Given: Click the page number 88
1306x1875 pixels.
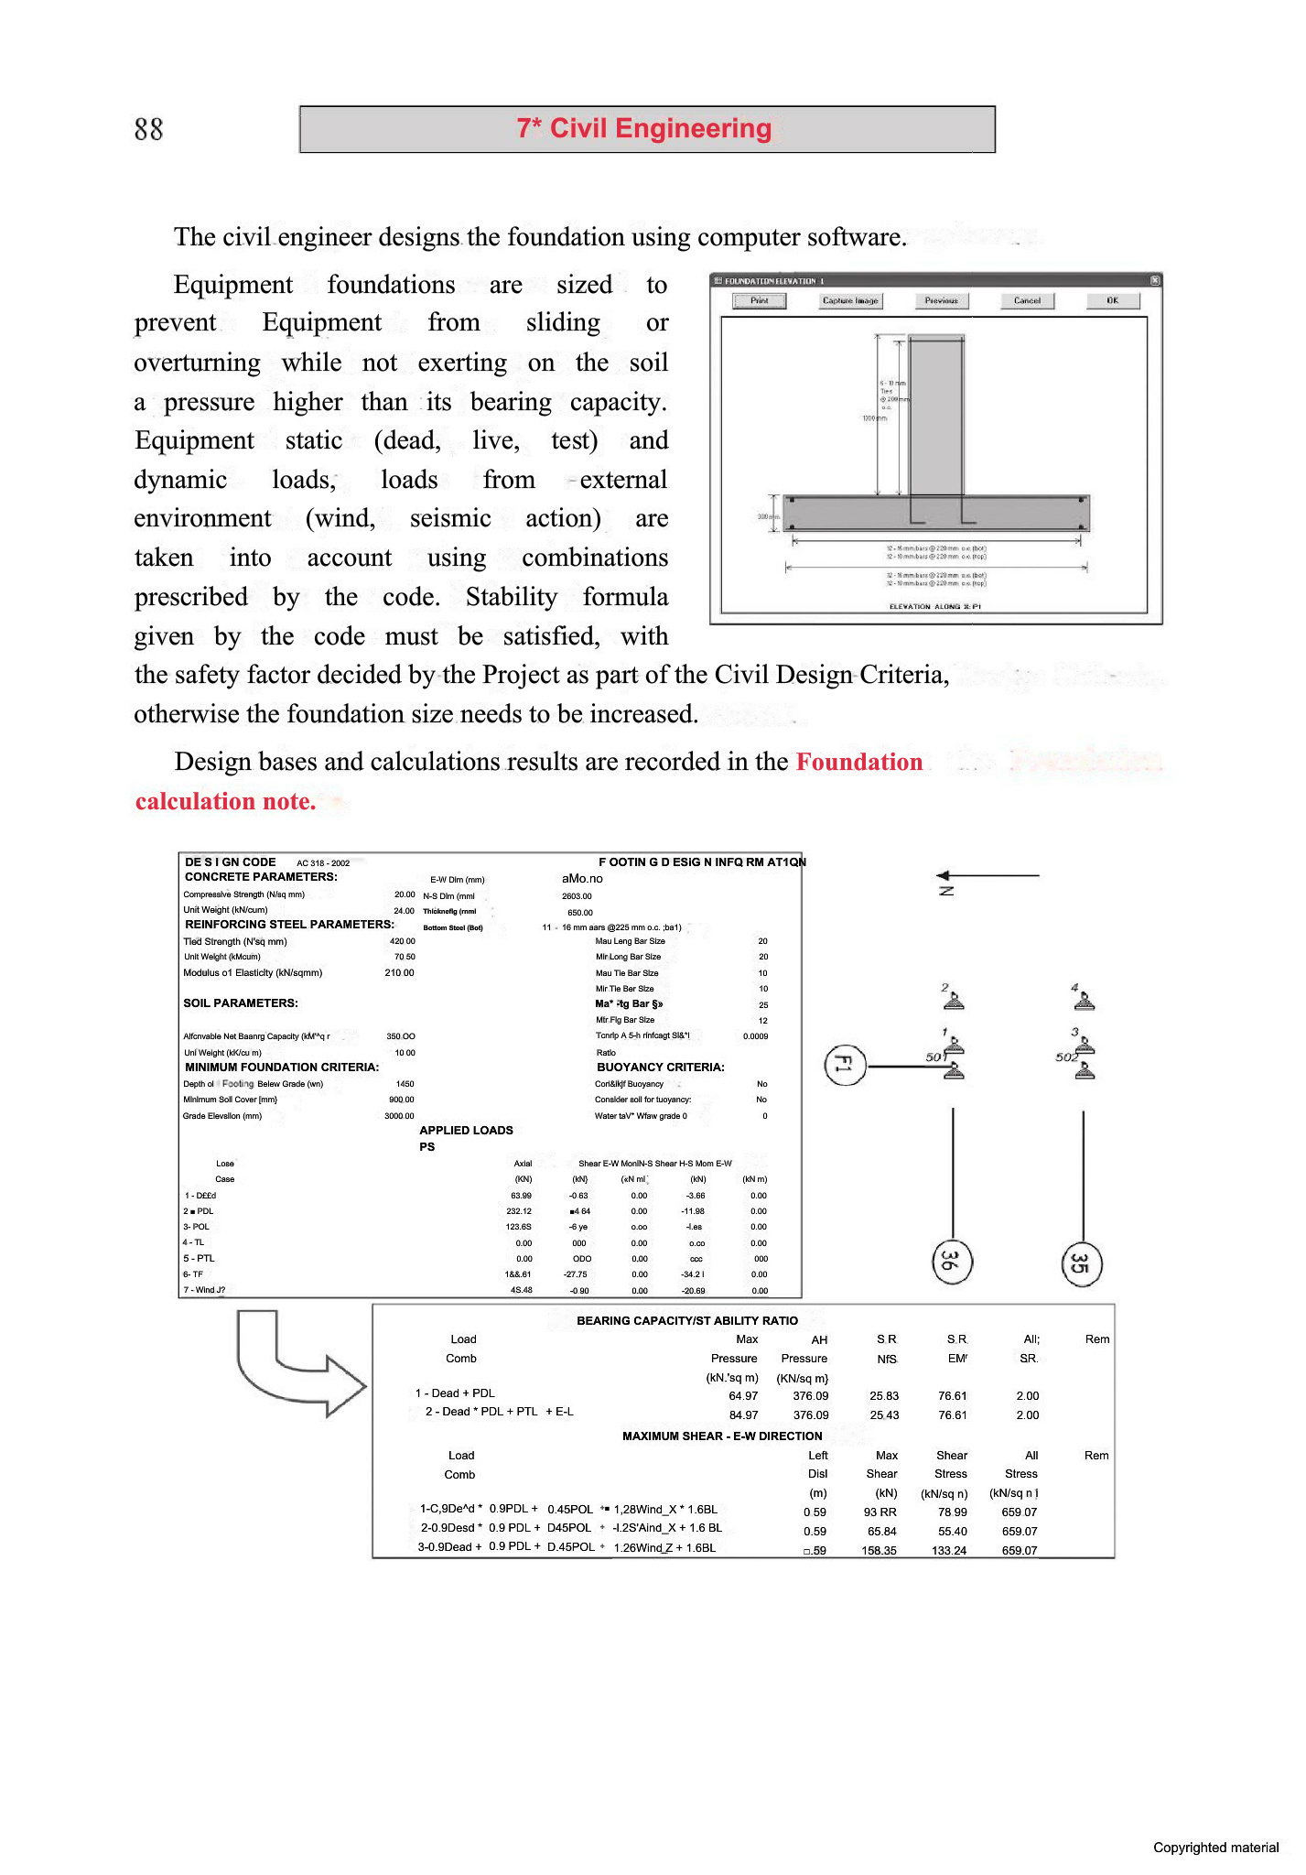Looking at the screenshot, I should point(148,129).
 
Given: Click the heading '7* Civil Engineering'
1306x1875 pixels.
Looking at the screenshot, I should point(644,128).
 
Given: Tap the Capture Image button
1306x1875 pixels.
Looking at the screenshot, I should point(849,300).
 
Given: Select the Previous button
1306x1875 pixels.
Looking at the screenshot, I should point(941,300).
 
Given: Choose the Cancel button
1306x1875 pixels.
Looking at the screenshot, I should point(1027,300).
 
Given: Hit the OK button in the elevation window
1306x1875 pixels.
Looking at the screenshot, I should point(1112,300).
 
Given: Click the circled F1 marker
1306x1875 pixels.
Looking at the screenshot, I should point(845,1066).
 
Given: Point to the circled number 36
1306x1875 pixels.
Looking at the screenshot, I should point(952,1262).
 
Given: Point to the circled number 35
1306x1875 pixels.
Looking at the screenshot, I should point(1081,1264).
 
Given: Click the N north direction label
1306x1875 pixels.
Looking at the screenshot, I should point(947,890).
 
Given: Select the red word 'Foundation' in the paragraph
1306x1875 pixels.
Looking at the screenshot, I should point(858,762).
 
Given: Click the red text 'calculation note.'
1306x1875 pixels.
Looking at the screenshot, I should point(225,801).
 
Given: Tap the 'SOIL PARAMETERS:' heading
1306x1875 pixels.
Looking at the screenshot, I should point(241,1003).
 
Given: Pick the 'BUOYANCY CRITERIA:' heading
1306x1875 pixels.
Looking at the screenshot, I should point(660,1067).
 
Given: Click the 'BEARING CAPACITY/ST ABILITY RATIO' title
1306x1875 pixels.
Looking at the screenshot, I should point(686,1320).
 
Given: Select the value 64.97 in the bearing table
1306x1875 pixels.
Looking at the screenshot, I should point(743,1395).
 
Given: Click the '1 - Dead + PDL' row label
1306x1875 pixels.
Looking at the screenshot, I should point(455,1393).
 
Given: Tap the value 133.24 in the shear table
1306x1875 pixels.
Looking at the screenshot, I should point(949,1550).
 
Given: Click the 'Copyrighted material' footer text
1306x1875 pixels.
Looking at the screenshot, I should point(1215,1847).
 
